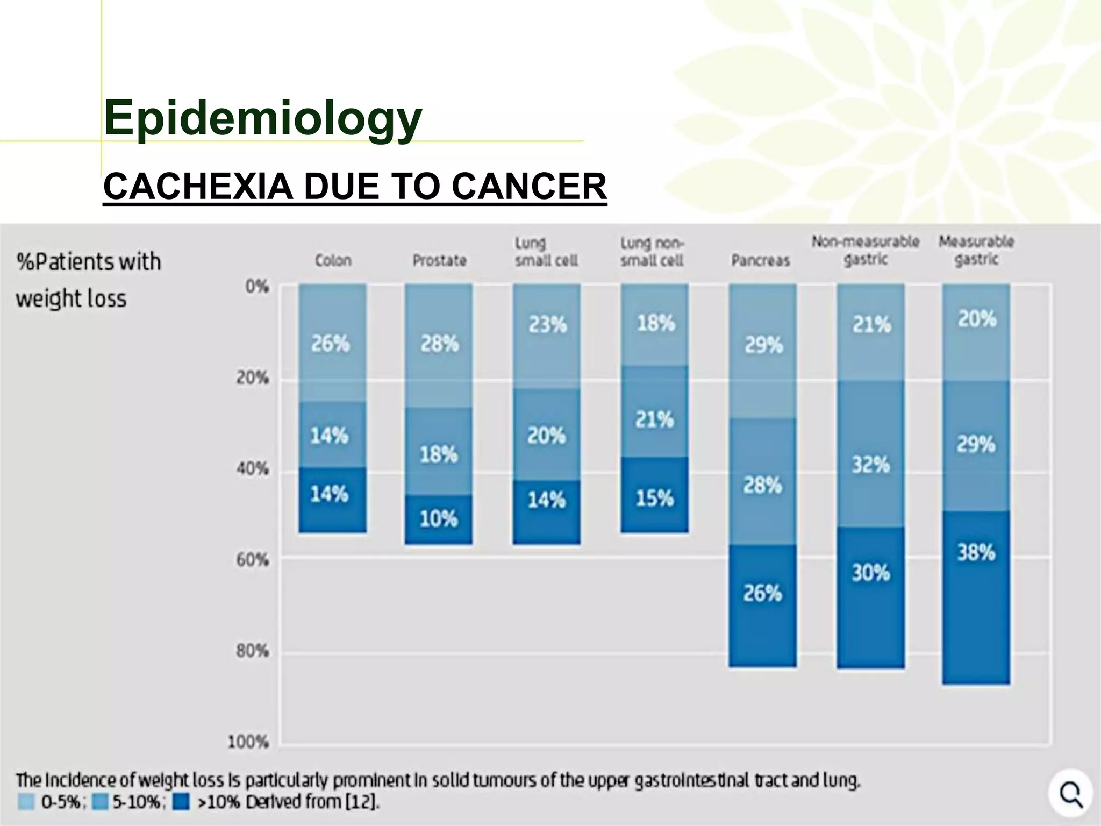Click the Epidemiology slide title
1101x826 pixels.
coord(262,118)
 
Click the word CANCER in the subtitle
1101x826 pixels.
coord(529,187)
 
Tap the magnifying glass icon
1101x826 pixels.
coord(1070,794)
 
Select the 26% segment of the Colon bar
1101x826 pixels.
coord(332,343)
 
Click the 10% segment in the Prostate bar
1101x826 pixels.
coord(439,519)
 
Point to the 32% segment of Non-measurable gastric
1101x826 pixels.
coord(870,464)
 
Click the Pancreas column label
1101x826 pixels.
coord(760,261)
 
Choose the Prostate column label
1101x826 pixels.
coord(439,261)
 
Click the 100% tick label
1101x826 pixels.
coord(248,743)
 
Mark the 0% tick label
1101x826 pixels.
coord(256,287)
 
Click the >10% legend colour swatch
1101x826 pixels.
coord(181,802)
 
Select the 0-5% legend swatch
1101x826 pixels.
coord(26,802)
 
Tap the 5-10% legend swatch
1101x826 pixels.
coord(100,802)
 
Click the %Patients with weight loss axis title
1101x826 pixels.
coord(88,280)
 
